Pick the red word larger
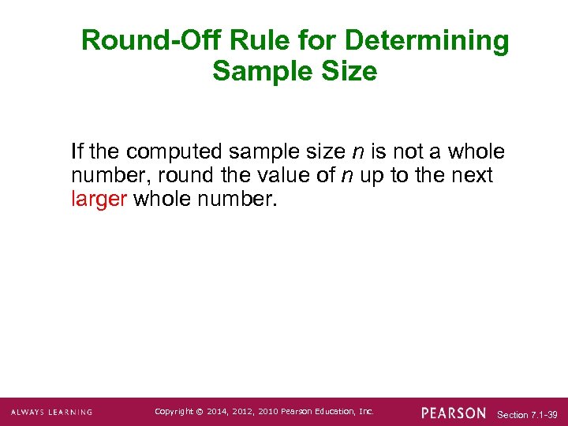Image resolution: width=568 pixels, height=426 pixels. [99, 199]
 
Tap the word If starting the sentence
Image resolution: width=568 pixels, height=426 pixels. [77, 151]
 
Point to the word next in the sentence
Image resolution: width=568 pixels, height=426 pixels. [472, 175]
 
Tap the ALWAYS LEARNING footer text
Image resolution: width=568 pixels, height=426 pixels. [51, 412]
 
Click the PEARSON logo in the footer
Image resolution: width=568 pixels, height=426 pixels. [454, 412]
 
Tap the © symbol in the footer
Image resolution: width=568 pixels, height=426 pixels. [200, 411]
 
